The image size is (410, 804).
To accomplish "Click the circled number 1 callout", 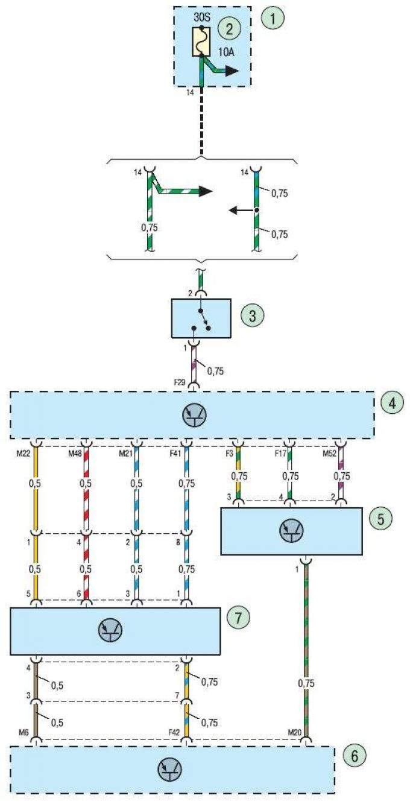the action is [273, 18].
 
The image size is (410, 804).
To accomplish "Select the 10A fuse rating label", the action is [226, 52].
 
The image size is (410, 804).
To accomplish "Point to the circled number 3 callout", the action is [252, 316].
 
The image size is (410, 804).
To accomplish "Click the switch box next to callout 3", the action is [201, 318].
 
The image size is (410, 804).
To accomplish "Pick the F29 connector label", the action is [180, 382].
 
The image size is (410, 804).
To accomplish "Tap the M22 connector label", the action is [22, 454].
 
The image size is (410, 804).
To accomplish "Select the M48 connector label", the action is [75, 454].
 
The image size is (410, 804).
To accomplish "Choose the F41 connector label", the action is [175, 454].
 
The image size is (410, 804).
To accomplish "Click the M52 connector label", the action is [329, 454].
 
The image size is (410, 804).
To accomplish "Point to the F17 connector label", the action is [280, 454].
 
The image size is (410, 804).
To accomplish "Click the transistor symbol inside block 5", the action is [291, 530].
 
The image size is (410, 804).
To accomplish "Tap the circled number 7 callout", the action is [238, 617].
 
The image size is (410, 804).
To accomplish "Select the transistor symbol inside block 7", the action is [110, 630].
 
